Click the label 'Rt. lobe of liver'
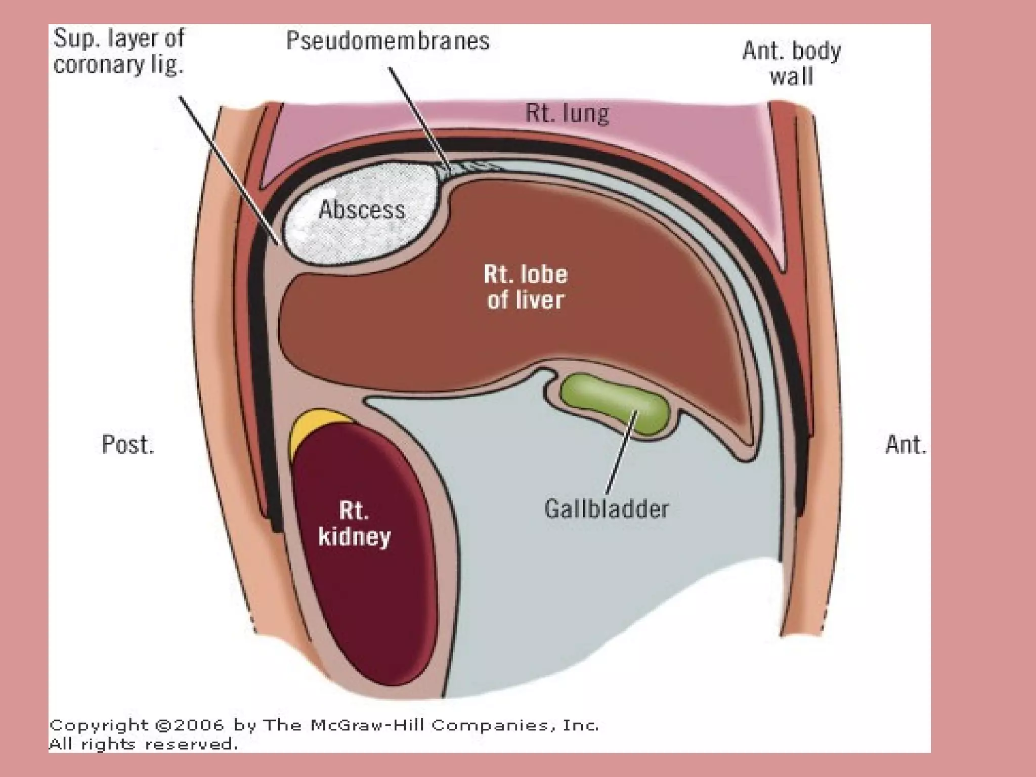(526, 287)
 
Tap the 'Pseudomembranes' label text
(388, 40)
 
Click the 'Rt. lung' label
(567, 113)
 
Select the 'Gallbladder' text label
(607, 509)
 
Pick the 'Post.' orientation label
(127, 445)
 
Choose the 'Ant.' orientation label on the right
(905, 445)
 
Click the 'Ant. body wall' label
(791, 64)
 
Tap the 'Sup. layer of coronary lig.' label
(119, 51)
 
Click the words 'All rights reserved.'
(143, 744)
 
